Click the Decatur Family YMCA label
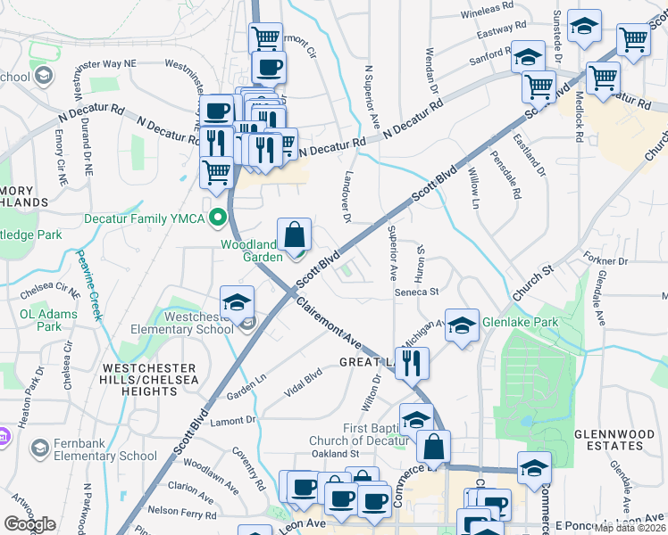pos(145,218)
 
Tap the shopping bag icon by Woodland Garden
pos(295,236)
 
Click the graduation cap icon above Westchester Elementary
pos(237,302)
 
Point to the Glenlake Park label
pos(520,323)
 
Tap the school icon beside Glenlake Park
pos(462,326)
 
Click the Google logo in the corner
pos(29,523)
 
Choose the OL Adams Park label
pos(43,321)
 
